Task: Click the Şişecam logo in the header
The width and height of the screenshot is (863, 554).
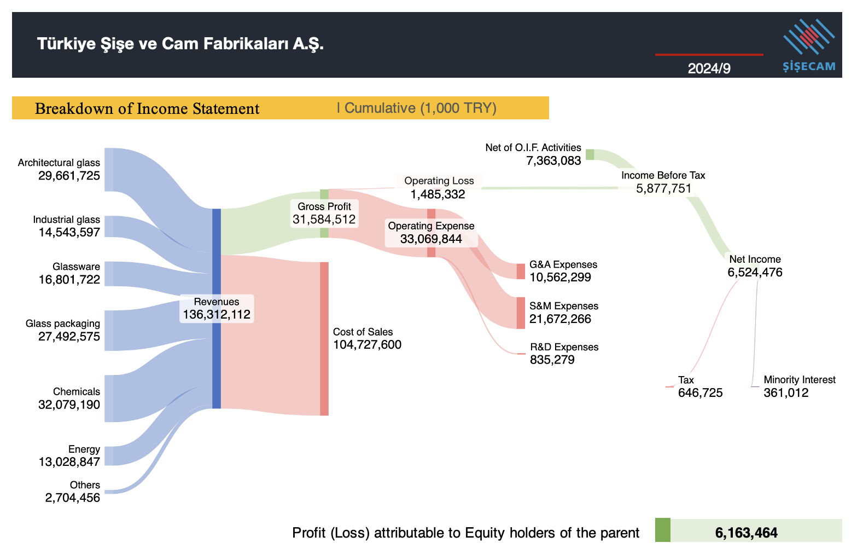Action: [x=808, y=45]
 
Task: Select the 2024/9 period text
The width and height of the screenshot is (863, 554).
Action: [x=709, y=68]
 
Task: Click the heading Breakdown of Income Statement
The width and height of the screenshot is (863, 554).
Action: [x=147, y=108]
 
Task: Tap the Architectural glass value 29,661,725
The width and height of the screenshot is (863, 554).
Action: [x=69, y=176]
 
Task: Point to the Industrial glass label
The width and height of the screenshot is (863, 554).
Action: [x=66, y=220]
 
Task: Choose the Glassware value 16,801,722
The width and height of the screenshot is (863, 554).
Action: [x=69, y=280]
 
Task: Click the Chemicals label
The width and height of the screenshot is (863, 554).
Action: [x=76, y=391]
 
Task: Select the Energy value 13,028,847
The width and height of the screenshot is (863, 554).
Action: [x=69, y=462]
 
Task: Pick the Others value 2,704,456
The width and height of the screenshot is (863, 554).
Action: [x=72, y=498]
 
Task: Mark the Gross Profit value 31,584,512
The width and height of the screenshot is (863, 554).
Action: [x=324, y=220]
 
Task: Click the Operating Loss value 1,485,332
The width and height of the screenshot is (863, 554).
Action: [x=438, y=194]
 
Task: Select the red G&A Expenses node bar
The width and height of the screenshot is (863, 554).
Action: [x=521, y=271]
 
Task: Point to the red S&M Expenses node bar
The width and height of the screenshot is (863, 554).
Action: [x=521, y=313]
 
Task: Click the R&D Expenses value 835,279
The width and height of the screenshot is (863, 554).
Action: [x=552, y=360]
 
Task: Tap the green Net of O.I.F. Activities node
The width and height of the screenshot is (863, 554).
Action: [x=590, y=154]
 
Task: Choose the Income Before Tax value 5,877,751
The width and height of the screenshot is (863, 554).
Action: [x=663, y=189]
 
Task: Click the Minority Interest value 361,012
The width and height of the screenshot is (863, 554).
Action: [x=785, y=393]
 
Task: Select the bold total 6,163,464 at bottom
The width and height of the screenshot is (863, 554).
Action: [x=746, y=533]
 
